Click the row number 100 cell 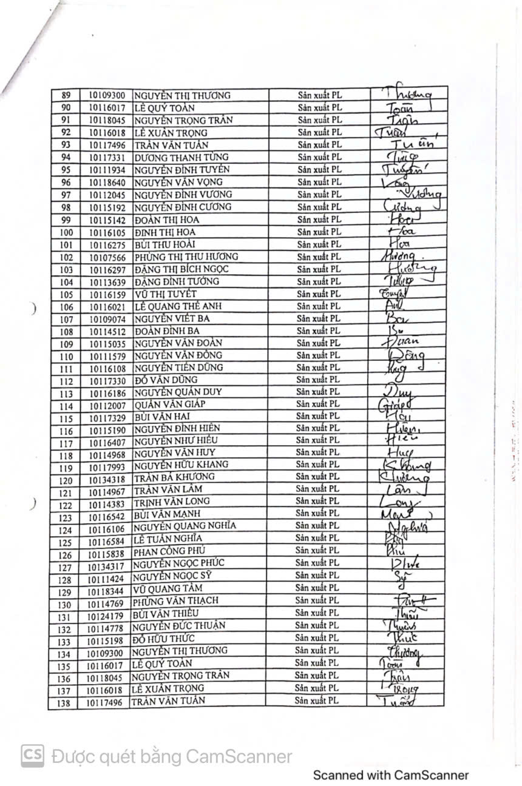coord(66,232)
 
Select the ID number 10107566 coord(107,257)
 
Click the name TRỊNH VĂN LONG coord(172,502)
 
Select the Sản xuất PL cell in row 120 coord(317,477)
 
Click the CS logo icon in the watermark coord(33,756)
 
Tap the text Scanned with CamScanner coord(390,775)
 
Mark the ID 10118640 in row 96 coord(107,182)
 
